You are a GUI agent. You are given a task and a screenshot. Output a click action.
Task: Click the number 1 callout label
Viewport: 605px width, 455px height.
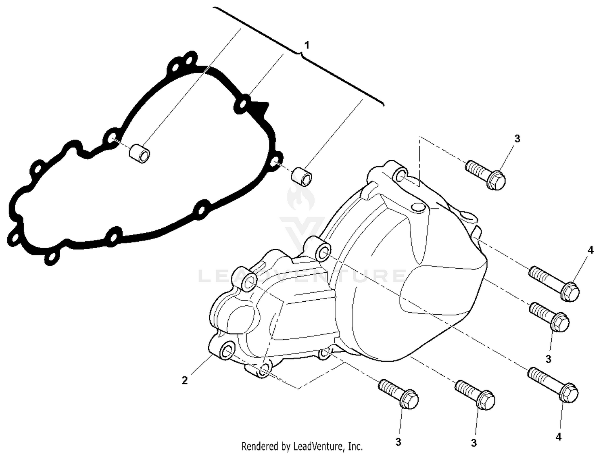[307, 45]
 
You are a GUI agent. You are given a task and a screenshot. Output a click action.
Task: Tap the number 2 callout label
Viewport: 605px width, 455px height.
[185, 380]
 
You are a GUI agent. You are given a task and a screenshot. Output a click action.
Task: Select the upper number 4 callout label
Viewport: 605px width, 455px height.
[590, 250]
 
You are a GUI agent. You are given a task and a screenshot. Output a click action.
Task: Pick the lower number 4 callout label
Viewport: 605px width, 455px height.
[559, 436]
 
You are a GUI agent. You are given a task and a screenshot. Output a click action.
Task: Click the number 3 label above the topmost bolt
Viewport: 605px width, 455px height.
[517, 139]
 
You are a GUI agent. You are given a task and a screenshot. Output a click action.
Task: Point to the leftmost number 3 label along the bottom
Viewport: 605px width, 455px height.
[398, 442]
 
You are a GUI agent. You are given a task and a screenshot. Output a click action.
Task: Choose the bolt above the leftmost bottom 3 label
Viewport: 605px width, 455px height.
[398, 394]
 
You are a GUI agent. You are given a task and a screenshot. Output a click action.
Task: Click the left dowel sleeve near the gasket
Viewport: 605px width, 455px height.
[140, 155]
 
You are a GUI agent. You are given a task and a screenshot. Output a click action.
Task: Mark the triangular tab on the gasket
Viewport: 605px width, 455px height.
[260, 109]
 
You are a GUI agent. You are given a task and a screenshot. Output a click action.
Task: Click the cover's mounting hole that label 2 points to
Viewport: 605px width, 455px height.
[227, 351]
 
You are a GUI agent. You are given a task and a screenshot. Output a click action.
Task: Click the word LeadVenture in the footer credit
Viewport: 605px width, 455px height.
[319, 446]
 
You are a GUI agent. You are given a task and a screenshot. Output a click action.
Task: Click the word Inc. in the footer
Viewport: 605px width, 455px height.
[355, 446]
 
